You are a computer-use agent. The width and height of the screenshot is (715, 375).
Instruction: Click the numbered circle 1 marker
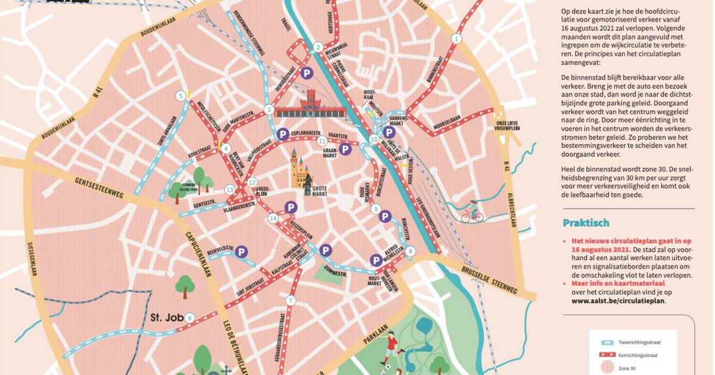[457, 39]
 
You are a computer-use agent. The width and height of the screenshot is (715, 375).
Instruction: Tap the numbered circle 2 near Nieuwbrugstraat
[318, 48]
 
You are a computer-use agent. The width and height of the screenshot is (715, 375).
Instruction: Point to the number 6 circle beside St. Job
[189, 317]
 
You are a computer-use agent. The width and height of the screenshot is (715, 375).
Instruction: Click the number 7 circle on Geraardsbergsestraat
[290, 301]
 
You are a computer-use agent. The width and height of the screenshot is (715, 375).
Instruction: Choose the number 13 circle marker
[229, 190]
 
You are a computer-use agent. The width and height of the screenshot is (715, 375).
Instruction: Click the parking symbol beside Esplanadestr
[283, 135]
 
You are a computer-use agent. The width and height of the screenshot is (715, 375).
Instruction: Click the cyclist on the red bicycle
[472, 211]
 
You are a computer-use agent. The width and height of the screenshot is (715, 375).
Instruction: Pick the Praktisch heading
[586, 223]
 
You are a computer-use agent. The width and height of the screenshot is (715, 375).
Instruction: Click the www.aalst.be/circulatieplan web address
[613, 301]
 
